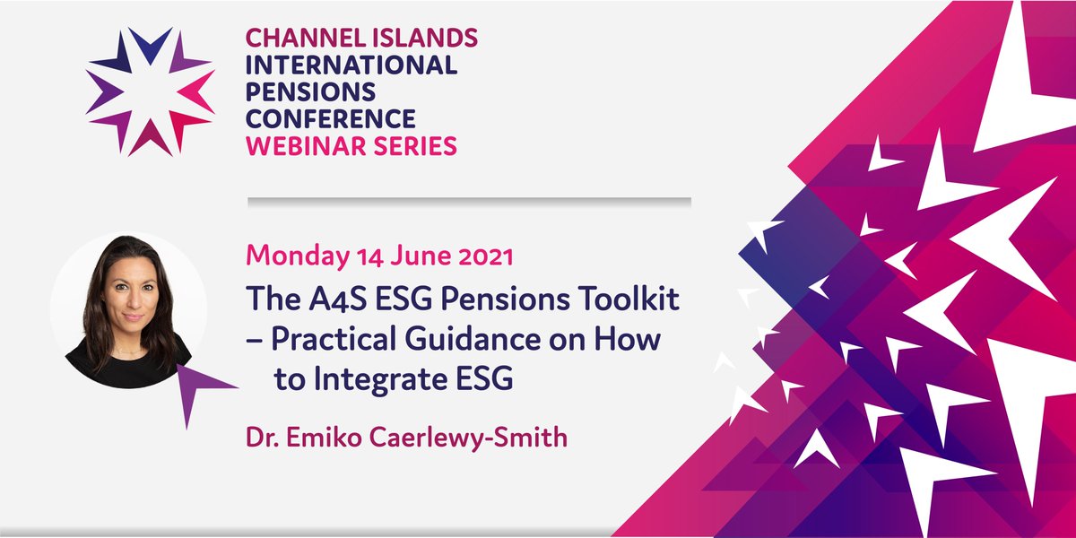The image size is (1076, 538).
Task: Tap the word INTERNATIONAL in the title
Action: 351,65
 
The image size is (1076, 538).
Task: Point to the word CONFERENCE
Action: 330,118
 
